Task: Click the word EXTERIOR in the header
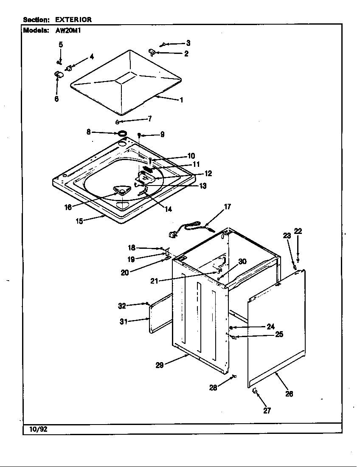73,20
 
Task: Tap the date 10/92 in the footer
38,429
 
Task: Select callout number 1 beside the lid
181,100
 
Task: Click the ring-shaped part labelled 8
123,134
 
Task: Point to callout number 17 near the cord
228,207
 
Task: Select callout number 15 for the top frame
79,221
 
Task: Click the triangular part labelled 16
121,191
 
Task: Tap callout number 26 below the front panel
289,394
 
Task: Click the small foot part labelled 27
255,390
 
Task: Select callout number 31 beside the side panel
124,321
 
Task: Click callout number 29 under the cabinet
160,365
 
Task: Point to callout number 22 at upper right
298,231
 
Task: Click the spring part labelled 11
149,169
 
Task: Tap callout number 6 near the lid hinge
56,99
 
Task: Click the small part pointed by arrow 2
151,52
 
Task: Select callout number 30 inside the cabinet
242,262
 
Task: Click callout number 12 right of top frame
208,173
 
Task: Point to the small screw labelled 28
234,377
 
